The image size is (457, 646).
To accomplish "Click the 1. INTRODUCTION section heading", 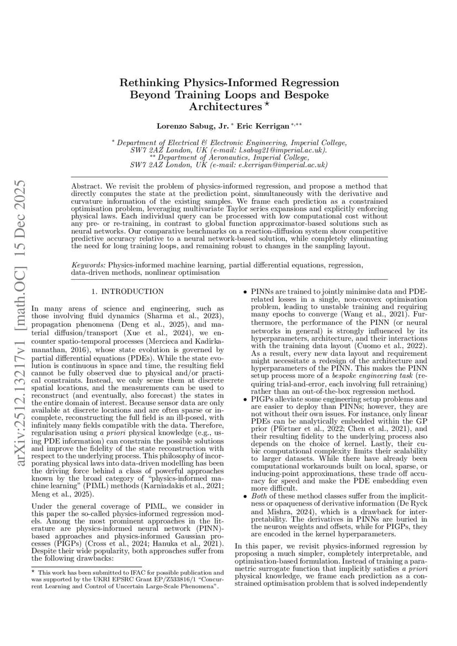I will click(x=127, y=291).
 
